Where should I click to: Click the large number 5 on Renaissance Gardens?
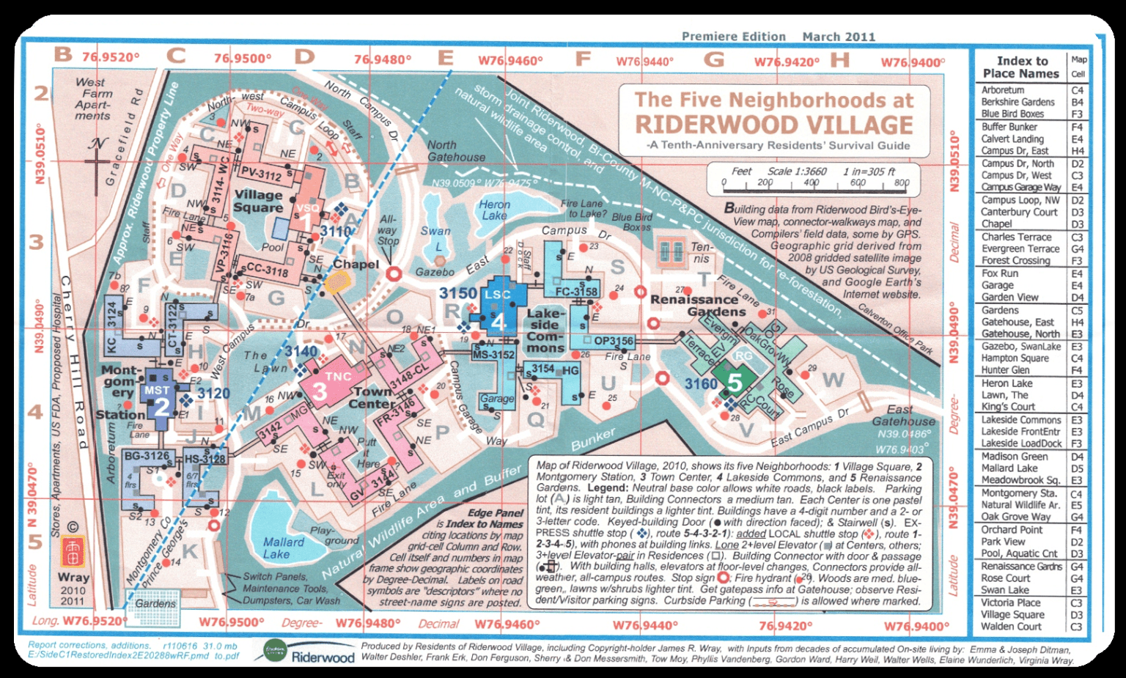click(735, 383)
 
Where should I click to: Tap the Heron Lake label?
click(494, 210)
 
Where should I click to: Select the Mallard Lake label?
click(283, 548)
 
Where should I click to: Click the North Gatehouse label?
click(456, 151)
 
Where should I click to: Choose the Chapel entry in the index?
click(996, 224)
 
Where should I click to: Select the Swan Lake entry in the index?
click(1005, 590)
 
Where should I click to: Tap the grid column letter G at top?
click(713, 59)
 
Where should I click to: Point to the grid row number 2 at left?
click(41, 93)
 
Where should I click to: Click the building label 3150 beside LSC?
click(457, 293)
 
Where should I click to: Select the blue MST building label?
click(157, 391)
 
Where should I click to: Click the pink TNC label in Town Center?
click(338, 376)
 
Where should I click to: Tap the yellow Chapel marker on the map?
click(337, 282)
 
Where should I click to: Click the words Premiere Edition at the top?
click(733, 37)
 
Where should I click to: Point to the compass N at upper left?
click(97, 143)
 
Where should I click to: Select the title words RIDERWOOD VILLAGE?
click(773, 124)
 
